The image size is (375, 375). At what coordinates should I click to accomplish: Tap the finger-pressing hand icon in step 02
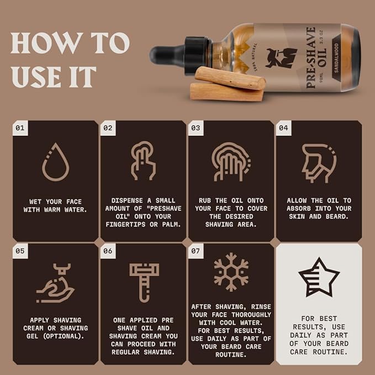(x=143, y=161)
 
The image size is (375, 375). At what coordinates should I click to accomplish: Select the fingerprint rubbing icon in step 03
(x=231, y=161)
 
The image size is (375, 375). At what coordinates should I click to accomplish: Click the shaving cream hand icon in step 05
(x=55, y=284)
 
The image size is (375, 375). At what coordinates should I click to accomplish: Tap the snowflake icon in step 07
(x=231, y=272)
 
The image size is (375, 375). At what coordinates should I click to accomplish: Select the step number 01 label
(x=20, y=128)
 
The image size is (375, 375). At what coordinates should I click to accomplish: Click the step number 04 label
(x=283, y=128)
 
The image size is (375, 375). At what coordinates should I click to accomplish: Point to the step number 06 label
(x=108, y=251)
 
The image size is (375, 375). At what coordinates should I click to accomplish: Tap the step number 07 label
(x=196, y=251)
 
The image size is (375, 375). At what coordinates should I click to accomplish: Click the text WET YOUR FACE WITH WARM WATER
(x=55, y=205)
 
